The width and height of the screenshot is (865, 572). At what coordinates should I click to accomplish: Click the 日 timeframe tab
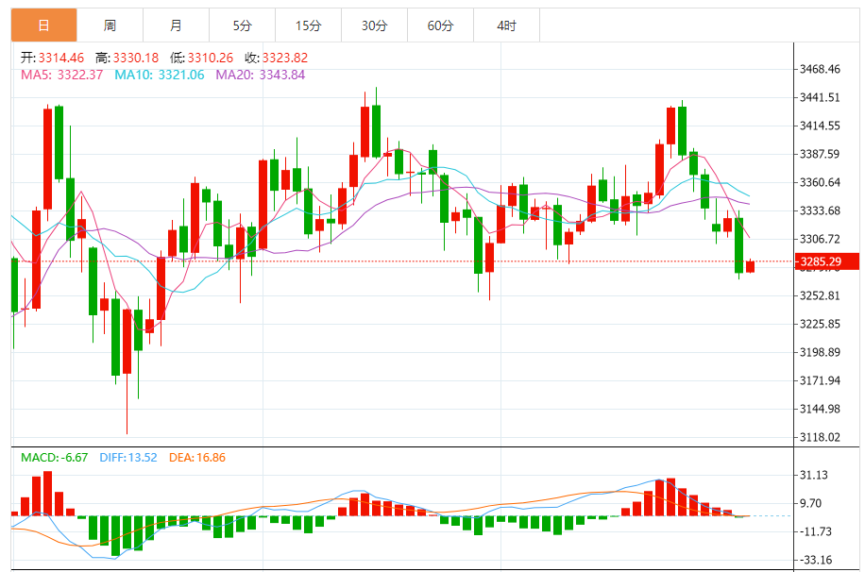click(44, 25)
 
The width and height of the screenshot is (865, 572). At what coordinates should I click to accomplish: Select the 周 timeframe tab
click(110, 25)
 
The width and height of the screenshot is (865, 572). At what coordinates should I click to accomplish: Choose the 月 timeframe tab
click(177, 25)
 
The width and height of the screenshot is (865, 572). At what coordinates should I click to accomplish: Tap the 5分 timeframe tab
click(243, 25)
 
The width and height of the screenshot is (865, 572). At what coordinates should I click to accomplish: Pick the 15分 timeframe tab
click(308, 25)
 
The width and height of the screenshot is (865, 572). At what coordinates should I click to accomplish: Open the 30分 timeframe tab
click(374, 25)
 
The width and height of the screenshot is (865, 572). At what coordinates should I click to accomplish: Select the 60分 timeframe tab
click(440, 25)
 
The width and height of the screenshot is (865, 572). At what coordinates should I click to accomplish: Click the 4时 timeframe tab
click(506, 25)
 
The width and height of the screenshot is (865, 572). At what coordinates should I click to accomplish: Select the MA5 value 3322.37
click(80, 75)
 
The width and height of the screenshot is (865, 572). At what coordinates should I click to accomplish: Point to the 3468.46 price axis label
click(819, 69)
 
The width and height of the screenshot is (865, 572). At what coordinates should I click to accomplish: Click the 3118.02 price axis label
click(819, 437)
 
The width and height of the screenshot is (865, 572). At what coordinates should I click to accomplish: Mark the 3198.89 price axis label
click(819, 352)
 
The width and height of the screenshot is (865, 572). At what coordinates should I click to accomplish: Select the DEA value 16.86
click(210, 458)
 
